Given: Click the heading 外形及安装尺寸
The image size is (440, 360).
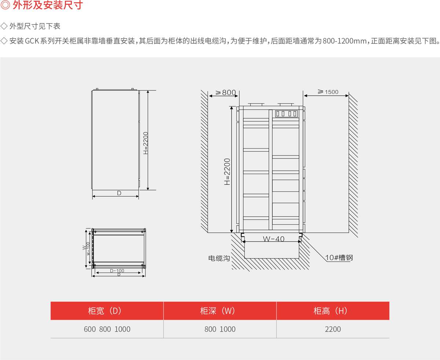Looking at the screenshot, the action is (48, 5).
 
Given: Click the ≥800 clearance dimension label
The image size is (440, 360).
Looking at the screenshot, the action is (225, 92).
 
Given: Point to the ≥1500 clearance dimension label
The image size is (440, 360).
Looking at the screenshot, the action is (328, 92).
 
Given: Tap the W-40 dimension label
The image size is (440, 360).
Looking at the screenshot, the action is (274, 239).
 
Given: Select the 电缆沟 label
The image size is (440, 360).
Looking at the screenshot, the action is (219, 258).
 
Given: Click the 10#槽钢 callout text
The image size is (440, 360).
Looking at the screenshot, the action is (339, 258).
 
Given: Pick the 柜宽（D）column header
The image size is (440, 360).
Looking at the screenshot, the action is (105, 311).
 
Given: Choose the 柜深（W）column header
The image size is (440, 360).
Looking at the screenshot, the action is (217, 311).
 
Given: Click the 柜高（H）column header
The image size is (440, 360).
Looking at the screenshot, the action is (330, 311).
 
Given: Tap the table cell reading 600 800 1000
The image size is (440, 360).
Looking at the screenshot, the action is (107, 329).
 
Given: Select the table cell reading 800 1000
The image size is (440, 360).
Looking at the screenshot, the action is (220, 329).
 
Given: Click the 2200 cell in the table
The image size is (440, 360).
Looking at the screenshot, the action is (333, 329).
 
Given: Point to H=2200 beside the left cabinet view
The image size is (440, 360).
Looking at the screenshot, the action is (146, 143).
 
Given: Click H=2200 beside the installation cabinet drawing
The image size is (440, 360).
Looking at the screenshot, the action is (227, 172).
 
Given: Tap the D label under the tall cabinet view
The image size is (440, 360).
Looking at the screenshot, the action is (119, 193).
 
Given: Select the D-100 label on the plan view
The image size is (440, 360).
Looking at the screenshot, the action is (117, 270).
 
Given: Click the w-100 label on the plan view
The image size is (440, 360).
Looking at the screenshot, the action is (88, 248).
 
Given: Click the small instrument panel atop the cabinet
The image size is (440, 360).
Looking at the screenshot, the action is (286, 114).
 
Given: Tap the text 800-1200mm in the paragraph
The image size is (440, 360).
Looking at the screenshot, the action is (345, 41).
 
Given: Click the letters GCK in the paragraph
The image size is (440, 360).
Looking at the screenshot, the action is (32, 41).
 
